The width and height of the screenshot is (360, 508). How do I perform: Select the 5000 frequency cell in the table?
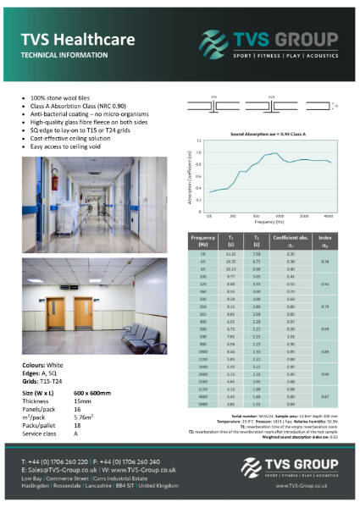202,405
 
